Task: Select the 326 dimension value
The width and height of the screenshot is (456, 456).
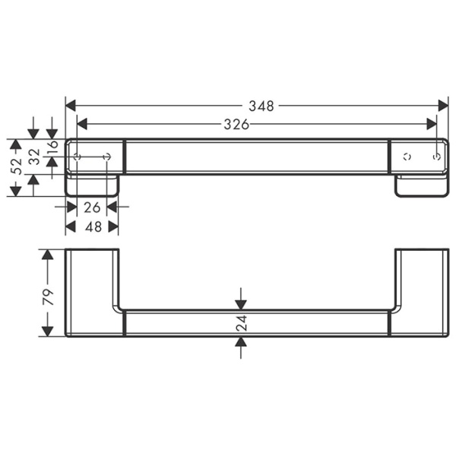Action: click(x=236, y=125)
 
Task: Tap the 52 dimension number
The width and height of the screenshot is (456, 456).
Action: click(x=15, y=167)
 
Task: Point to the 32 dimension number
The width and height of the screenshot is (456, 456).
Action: click(x=33, y=157)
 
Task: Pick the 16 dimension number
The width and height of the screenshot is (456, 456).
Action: click(x=52, y=147)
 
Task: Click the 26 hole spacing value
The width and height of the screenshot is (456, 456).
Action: click(x=92, y=206)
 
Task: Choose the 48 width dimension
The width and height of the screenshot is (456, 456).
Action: click(x=92, y=226)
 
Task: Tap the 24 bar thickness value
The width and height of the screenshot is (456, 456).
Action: click(x=241, y=323)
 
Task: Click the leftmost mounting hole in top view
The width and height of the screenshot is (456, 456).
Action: click(x=77, y=157)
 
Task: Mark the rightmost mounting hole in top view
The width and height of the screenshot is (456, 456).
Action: click(x=436, y=157)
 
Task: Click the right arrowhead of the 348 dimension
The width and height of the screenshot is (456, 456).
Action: click(x=443, y=106)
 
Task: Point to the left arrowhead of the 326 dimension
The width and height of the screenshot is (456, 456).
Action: click(x=83, y=125)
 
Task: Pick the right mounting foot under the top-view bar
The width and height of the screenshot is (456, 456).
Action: click(x=421, y=186)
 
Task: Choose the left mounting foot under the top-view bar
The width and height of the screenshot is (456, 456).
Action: click(x=93, y=185)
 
